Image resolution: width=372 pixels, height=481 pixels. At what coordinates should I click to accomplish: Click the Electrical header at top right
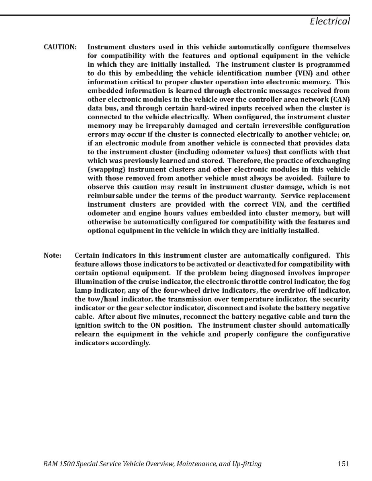click(x=329, y=21)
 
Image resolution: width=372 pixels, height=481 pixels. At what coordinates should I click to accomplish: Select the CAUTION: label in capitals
click(x=60, y=47)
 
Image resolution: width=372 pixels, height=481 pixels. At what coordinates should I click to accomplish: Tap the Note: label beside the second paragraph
click(x=52, y=255)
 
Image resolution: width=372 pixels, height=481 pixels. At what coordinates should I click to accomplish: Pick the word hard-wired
click(x=186, y=108)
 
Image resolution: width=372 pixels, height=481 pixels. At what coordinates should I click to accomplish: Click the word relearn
click(x=87, y=334)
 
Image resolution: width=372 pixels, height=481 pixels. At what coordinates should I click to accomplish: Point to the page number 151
click(x=343, y=464)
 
